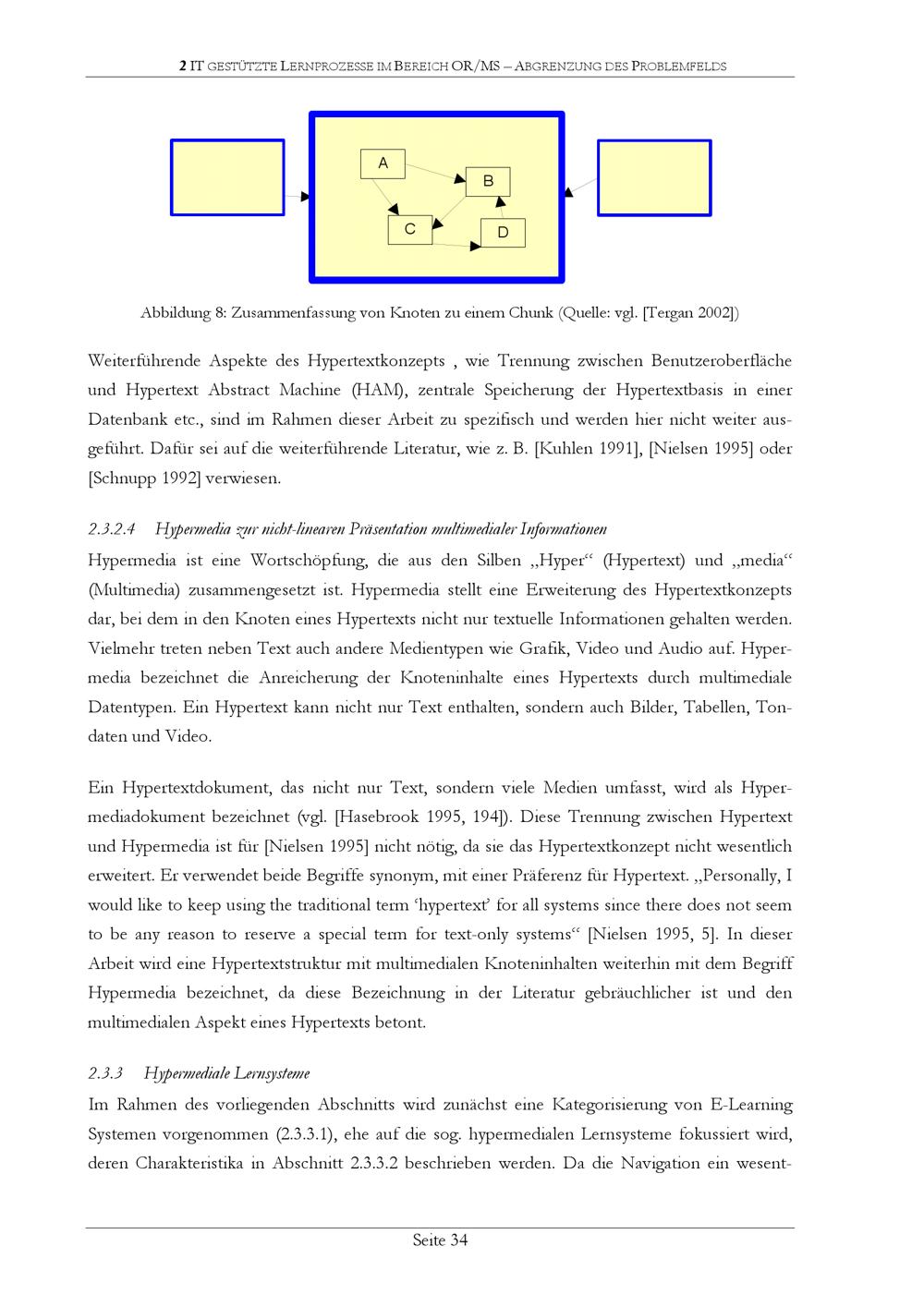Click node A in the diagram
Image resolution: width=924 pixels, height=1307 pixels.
pos(383,163)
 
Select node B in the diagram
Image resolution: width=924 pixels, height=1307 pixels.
pos(488,181)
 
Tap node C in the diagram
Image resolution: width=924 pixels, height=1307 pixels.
pos(409,229)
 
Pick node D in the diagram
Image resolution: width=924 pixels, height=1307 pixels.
pos(503,233)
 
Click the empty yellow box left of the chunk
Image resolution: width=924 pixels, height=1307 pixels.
pos(227,177)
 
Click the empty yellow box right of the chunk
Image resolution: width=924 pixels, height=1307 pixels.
pos(654,177)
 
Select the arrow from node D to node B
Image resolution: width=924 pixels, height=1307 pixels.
pos(501,208)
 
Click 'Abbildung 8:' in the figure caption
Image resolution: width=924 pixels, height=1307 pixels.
pos(183,313)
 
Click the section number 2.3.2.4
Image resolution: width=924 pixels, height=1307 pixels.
pos(113,529)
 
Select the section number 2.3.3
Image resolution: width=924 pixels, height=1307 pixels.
pos(105,1073)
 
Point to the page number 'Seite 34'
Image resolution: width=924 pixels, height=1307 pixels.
pos(440,1240)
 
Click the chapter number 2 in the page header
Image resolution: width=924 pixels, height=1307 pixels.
pos(183,67)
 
